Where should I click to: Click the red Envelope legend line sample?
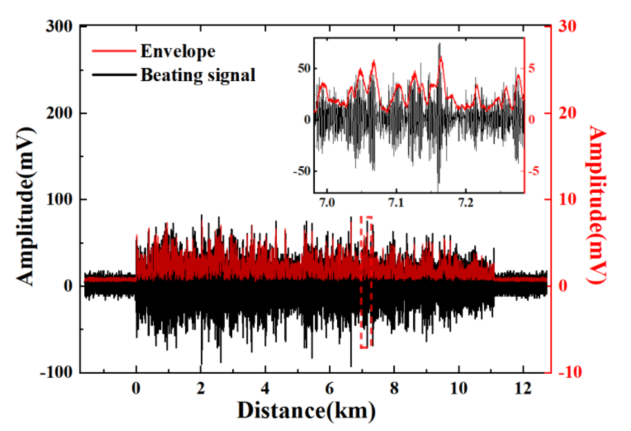click(x=114, y=51)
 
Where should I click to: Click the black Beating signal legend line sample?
click(x=114, y=75)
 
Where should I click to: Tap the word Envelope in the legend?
click(x=178, y=51)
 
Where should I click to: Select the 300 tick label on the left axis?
click(x=59, y=27)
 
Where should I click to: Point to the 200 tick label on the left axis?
click(x=59, y=113)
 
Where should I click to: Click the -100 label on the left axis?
click(x=56, y=373)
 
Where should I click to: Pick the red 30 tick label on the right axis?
click(x=567, y=27)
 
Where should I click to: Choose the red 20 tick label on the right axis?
click(x=567, y=113)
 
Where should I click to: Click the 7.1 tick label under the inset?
click(x=396, y=203)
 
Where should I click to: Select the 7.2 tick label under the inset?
click(x=466, y=203)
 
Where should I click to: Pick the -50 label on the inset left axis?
click(x=302, y=171)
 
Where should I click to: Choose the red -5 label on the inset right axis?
click(x=533, y=171)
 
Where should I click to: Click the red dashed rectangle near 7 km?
click(x=366, y=282)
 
